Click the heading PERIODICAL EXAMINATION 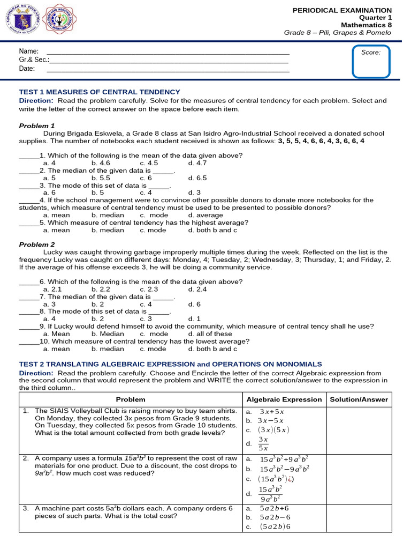[x=342, y=10]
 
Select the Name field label [x=28, y=51]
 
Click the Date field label [x=27, y=69]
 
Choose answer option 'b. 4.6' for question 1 [x=101, y=163]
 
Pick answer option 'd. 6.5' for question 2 [x=197, y=178]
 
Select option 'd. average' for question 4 [x=205, y=215]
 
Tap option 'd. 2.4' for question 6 [x=197, y=289]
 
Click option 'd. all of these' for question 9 [x=210, y=333]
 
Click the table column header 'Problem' [x=131, y=399]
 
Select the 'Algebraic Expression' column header [x=284, y=399]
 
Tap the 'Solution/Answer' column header [x=359, y=399]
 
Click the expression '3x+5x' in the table [x=271, y=412]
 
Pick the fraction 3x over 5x [x=263, y=444]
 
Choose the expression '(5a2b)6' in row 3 [x=275, y=526]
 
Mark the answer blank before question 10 [x=29, y=342]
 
